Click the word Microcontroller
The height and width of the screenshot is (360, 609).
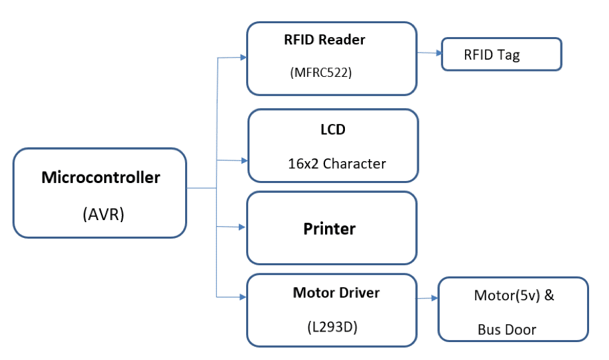pos(100,178)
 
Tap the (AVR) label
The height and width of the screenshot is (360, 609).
pos(103,215)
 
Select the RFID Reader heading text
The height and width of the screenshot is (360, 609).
pos(324,40)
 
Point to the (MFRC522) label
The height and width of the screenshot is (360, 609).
pos(320,73)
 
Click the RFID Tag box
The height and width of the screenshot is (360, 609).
pos(502,54)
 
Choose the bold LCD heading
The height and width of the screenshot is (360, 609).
pos(332,130)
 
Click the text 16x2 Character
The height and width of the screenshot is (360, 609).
pos(336,163)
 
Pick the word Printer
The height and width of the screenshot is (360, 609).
pos(330,229)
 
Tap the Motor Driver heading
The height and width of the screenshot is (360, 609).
pos(336,292)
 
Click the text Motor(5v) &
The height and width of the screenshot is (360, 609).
pos(513,296)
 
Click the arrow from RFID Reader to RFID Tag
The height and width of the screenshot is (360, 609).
pos(429,52)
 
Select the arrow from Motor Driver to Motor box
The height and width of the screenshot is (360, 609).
pos(427,298)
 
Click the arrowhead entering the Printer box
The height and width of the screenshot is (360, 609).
pos(242,227)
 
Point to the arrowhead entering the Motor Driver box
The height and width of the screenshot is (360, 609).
pos(242,296)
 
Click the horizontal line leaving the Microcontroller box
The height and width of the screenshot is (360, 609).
pos(201,188)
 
